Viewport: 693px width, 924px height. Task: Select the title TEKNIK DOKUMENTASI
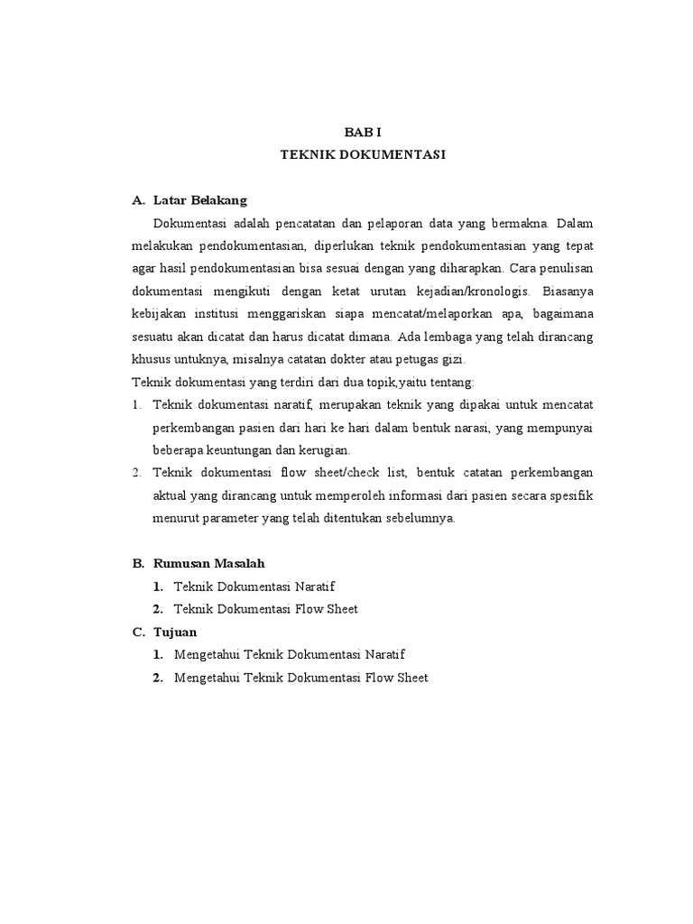point(363,155)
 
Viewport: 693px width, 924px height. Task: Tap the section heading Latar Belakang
point(200,199)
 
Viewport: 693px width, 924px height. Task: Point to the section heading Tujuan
point(175,632)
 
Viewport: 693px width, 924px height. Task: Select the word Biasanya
point(568,291)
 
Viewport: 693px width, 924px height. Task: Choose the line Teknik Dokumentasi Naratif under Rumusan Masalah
point(254,587)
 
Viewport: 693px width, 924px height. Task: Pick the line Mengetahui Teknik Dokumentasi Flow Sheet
point(301,678)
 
